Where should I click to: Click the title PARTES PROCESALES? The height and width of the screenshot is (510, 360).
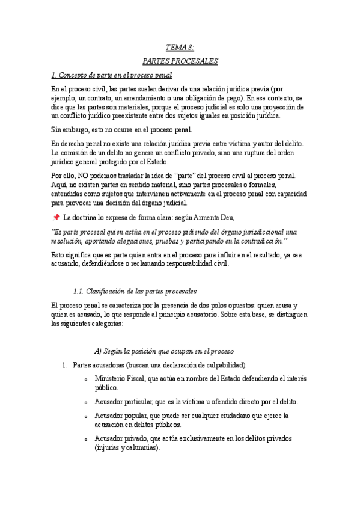(x=180, y=61)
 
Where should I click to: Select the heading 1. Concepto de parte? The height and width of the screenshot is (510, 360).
(x=112, y=75)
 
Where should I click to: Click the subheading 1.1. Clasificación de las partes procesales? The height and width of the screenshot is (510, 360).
(x=134, y=291)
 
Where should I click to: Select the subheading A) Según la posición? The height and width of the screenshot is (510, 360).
(x=164, y=351)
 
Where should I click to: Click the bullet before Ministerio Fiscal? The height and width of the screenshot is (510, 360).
(x=87, y=379)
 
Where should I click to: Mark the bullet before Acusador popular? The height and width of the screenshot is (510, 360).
(x=87, y=417)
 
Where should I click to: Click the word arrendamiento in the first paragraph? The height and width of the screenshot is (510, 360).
(x=134, y=97)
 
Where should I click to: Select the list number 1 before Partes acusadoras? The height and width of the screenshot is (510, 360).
(x=64, y=365)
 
